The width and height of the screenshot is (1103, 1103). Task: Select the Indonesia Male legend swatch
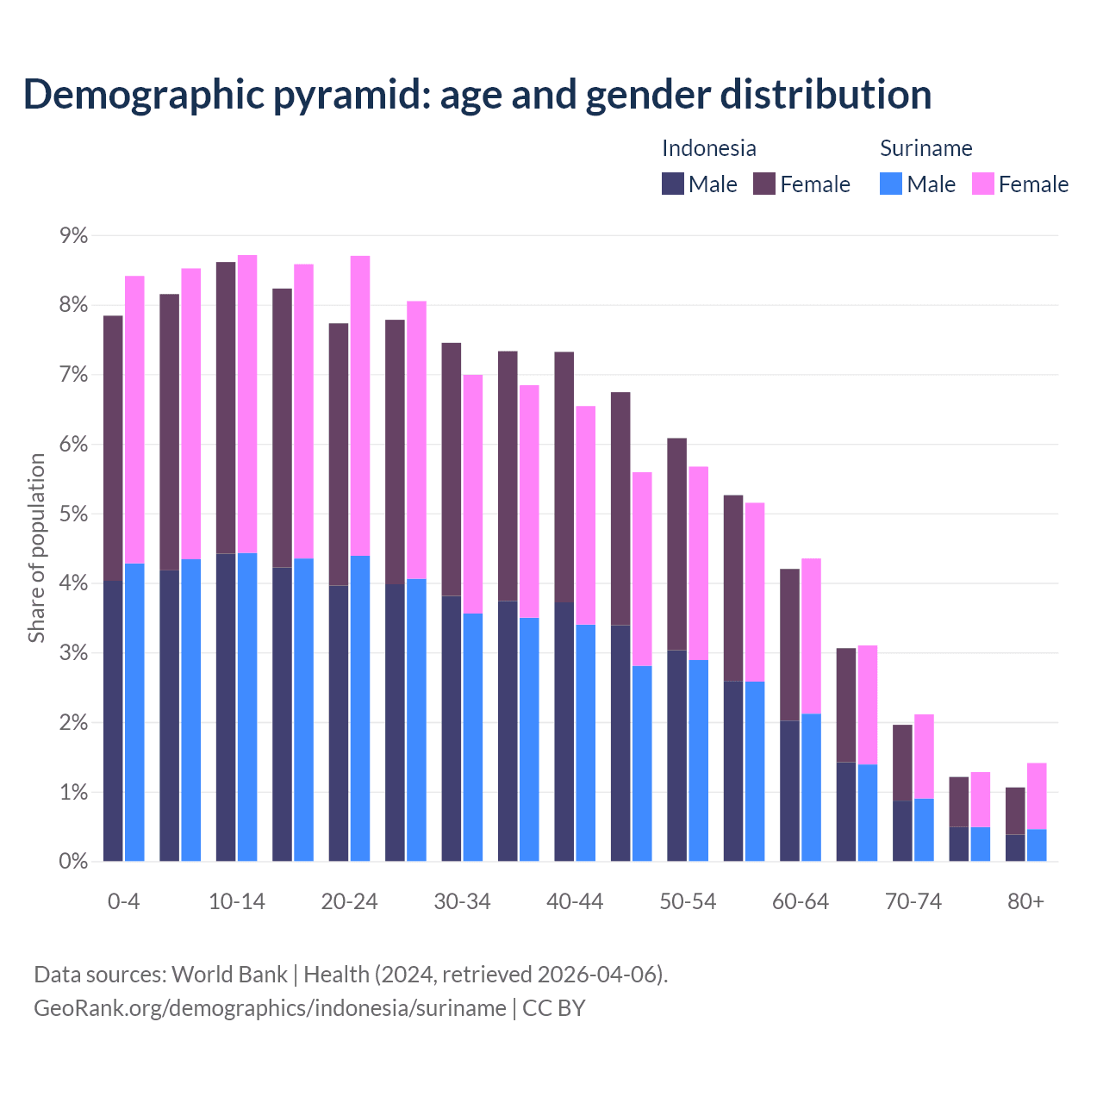[673, 184]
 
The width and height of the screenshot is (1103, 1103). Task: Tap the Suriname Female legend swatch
[982, 184]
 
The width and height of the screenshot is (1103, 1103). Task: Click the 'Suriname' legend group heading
[925, 148]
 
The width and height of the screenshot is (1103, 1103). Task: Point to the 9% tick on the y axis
[72, 236]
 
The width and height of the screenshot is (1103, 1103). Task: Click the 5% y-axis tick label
[72, 514]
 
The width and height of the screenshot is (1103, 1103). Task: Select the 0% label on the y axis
[72, 862]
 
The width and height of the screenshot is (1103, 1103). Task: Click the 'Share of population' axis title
[36, 548]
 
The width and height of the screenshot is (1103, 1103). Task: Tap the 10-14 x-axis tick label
[237, 902]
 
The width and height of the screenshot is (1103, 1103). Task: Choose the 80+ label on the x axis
[1025, 902]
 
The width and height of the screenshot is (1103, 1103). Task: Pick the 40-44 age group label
[575, 902]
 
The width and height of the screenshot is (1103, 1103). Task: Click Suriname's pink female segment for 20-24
[360, 405]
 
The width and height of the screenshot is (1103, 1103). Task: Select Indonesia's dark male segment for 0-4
[113, 720]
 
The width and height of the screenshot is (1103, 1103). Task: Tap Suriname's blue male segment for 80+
[1037, 844]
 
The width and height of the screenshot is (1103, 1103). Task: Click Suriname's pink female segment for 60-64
[811, 636]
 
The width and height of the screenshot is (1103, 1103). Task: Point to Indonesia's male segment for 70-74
[902, 831]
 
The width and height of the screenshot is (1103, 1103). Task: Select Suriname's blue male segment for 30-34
[473, 737]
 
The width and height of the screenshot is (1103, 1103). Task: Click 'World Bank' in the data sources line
[229, 975]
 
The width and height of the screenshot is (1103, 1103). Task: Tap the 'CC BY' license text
[554, 1008]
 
